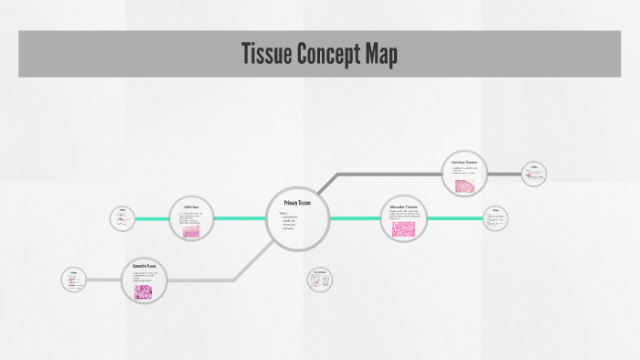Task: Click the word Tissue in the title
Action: pos(265,54)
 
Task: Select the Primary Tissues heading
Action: pos(297,202)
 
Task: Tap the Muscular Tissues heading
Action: pos(403,207)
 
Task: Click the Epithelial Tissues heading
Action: pos(191,207)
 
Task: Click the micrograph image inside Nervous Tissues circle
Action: pos(465,184)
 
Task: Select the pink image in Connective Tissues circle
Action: pos(145,291)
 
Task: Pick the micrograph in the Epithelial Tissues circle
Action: pos(191,232)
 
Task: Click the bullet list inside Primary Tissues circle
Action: pos(288,222)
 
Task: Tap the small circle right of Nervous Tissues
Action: pos(534,174)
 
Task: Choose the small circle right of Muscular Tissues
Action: pos(496,218)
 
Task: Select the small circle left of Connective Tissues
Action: pos(74,280)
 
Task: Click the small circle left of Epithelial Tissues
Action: pos(122,218)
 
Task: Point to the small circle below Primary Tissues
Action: pos(320,280)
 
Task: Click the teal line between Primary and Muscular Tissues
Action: pos(354,218)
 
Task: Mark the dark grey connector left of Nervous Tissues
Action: pos(384,174)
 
